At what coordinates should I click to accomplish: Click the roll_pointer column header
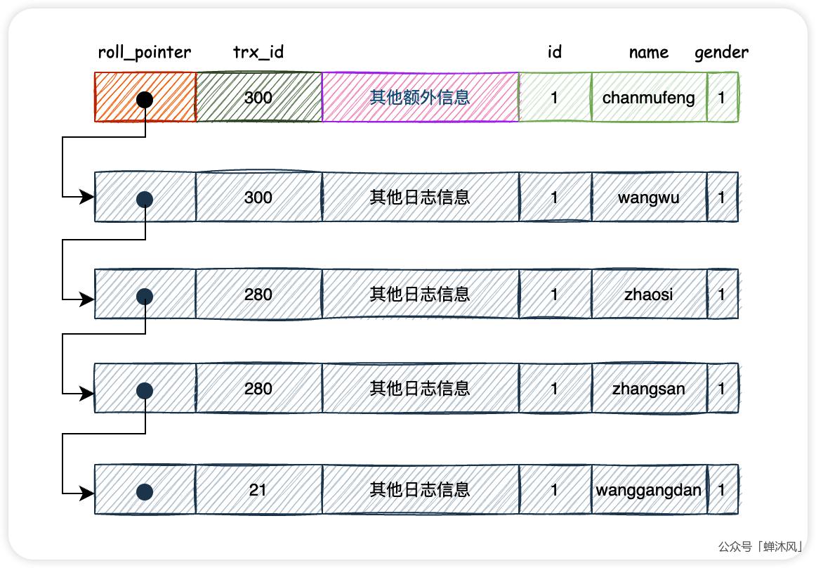pos(145,52)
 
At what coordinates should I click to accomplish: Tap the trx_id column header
pos(258,52)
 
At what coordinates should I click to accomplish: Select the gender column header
pos(721,52)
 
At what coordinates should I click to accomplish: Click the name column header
pos(648,52)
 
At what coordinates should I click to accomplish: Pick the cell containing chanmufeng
pos(648,98)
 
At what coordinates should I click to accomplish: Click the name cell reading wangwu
pos(648,198)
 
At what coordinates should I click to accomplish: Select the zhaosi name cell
pos(648,294)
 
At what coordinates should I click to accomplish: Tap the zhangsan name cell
pos(648,389)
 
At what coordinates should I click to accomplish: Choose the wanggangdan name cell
pos(648,489)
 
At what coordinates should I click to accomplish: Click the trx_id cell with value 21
pos(258,489)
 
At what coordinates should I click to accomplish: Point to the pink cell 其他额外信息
pos(420,98)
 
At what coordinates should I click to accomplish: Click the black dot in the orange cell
pos(145,99)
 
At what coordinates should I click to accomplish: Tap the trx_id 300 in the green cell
pos(258,98)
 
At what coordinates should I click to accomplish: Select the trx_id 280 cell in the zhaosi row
pos(258,294)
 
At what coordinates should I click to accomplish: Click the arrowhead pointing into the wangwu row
pos(88,198)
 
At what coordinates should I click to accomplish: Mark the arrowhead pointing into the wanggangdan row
pos(88,492)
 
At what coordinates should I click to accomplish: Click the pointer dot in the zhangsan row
pos(145,391)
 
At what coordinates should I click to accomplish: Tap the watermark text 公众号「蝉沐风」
pos(761,546)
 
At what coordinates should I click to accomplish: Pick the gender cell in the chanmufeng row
pos(722,98)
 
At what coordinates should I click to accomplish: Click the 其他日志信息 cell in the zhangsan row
pos(420,389)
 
